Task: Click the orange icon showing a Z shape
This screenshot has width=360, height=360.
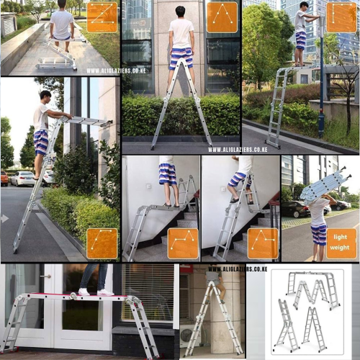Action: (102, 17)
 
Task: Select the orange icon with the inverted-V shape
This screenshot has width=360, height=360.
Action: (222, 17)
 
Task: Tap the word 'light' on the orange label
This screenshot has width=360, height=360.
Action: (341, 237)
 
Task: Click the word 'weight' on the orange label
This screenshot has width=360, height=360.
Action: (340, 248)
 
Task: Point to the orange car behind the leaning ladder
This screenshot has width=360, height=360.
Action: (4, 178)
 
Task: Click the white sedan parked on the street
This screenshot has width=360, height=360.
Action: (23, 179)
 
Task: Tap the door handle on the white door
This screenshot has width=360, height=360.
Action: (45, 276)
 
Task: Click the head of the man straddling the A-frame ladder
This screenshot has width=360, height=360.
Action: (180, 12)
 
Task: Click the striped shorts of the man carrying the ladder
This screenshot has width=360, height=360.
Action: (319, 234)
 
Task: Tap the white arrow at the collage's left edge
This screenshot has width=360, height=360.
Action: (5, 218)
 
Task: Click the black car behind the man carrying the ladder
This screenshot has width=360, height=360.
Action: (295, 210)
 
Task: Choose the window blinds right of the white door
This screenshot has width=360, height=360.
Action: (148, 292)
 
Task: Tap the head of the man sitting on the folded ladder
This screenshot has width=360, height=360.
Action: (62, 4)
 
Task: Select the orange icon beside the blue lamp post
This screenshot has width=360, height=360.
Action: (341, 17)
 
